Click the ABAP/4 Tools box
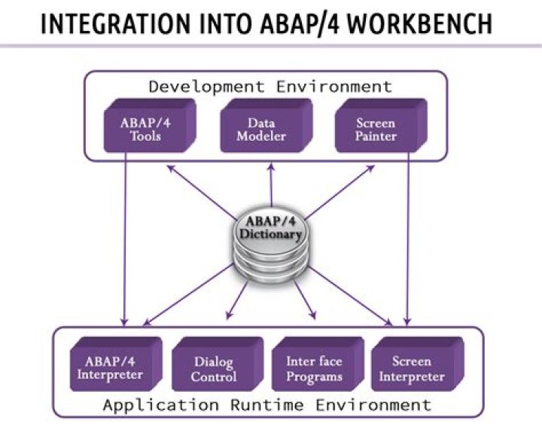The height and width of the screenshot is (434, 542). pos(150,126)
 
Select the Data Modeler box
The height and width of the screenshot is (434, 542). pos(266,126)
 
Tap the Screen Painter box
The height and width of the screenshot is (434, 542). pos(381,126)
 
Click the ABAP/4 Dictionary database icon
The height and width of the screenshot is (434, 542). pos(271,245)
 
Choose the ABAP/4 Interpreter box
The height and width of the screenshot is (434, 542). pos(116,364)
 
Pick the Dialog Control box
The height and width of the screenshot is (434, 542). pos(218,364)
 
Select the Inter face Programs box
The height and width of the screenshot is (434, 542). pos(318,364)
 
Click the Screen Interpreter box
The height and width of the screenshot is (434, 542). pos(418,364)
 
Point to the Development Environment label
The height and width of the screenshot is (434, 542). pos(270,87)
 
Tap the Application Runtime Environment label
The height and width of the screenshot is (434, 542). pos(267,405)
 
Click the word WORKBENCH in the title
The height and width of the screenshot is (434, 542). pos(419,23)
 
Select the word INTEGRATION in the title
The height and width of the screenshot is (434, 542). pos(115,23)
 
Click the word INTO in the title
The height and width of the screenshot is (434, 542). pos(227,23)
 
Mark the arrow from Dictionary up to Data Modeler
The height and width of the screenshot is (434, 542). pos(271,185)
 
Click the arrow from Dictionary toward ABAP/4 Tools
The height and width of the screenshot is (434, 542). pos(202,192)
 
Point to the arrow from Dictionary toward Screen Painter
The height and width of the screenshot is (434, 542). pos(339,192)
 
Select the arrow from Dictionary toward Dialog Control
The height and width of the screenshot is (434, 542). pos(237,300)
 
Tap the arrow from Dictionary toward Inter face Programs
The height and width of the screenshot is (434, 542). pos(305,300)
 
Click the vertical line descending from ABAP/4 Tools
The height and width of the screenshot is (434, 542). pos(125,239)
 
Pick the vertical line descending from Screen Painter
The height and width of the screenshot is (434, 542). pos(408,239)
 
